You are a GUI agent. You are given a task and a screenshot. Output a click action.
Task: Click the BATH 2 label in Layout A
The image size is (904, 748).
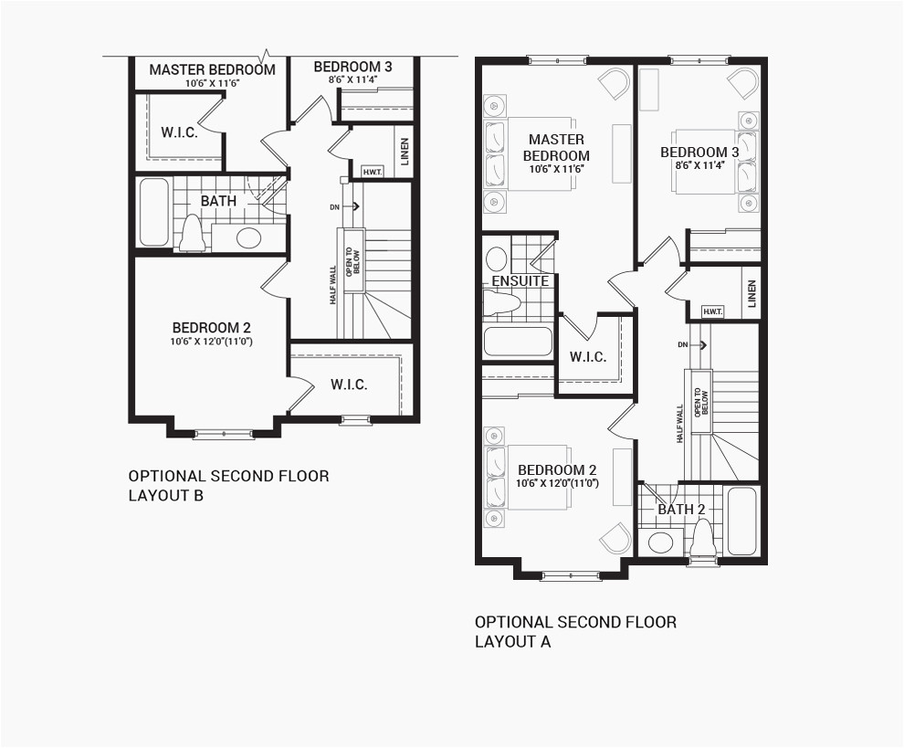[681, 509]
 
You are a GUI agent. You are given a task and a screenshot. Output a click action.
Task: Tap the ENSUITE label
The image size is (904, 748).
[520, 280]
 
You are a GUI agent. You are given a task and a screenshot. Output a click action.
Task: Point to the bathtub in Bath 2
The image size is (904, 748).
[741, 521]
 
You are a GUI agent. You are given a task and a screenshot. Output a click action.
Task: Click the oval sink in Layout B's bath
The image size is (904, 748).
[248, 238]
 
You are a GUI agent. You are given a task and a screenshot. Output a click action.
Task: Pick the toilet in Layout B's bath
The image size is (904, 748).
[192, 233]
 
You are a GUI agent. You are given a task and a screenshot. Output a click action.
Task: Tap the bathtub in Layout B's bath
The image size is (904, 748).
[153, 212]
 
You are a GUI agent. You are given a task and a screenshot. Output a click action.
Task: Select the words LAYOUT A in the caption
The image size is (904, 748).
[512, 641]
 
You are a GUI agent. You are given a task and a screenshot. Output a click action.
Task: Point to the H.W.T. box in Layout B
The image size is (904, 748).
[372, 172]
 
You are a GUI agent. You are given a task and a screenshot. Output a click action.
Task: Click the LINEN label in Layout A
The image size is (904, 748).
[751, 293]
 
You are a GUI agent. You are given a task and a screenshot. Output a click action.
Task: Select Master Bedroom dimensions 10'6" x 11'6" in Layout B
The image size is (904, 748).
[212, 83]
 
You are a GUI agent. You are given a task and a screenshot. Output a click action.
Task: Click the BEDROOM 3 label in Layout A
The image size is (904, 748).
[699, 153]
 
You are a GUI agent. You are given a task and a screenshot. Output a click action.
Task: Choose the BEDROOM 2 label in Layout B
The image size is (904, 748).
[212, 328]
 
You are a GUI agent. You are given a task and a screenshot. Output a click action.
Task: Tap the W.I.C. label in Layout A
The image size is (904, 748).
[587, 356]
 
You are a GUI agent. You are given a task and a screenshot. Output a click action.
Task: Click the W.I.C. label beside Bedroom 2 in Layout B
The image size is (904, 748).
[349, 385]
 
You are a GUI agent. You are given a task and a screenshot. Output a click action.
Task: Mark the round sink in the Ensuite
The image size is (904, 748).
[496, 258]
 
